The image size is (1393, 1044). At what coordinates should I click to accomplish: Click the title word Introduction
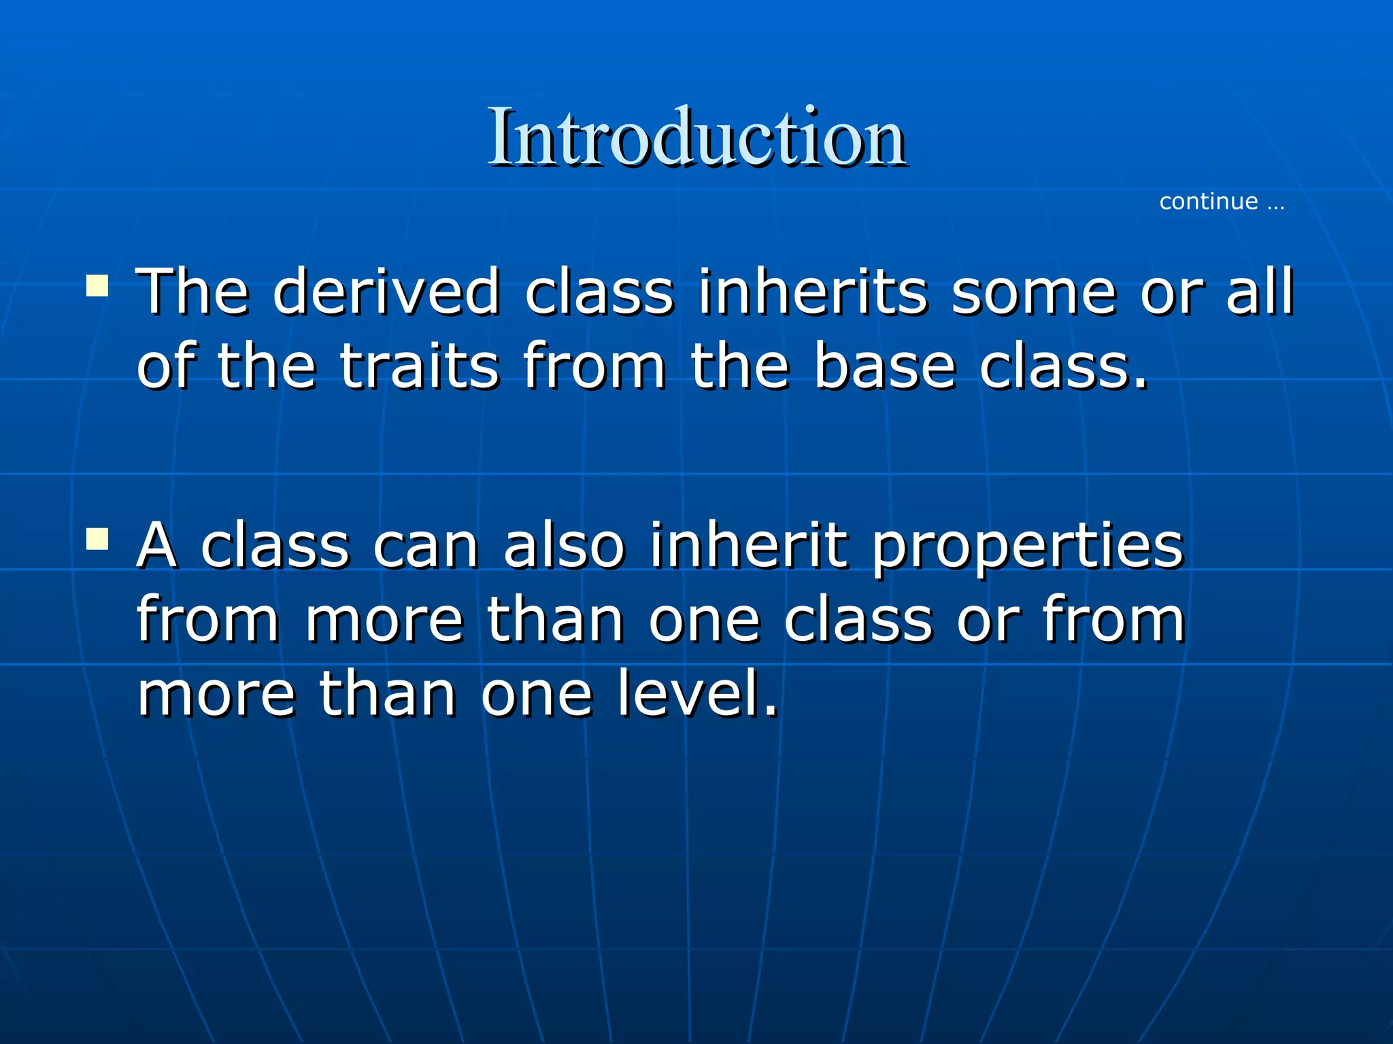[696, 138]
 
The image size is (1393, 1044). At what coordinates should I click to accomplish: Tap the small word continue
[1208, 202]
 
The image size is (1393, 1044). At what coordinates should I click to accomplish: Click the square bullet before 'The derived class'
[97, 285]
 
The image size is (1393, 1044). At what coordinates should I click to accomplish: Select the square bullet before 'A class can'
[97, 539]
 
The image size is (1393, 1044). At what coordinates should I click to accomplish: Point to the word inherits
[813, 292]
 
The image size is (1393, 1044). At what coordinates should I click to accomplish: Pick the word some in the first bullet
[1034, 292]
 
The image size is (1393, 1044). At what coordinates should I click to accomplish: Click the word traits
[420, 367]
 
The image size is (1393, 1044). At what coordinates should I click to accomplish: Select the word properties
[1028, 548]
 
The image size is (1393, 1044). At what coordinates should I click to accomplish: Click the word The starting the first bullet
[192, 292]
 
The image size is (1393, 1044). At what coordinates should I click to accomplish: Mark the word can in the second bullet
[426, 548]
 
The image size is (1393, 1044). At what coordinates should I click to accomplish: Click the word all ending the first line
[1260, 292]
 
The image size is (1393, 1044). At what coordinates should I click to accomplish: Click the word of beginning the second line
[166, 367]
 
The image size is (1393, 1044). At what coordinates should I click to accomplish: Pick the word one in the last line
[537, 695]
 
